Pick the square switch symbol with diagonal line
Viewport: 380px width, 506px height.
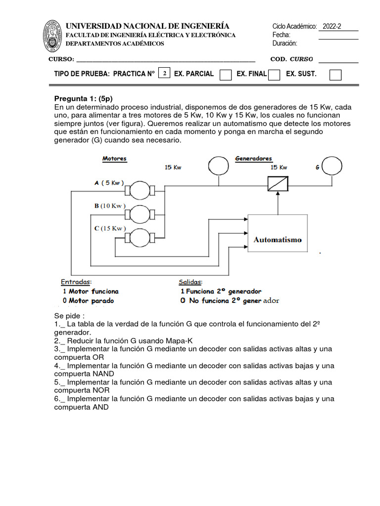(x=278, y=185)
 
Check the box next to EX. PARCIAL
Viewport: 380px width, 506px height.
(x=225, y=75)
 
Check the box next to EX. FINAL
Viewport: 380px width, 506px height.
(x=274, y=75)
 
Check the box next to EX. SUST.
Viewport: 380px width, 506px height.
(x=335, y=75)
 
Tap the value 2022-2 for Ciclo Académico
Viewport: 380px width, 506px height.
(x=332, y=27)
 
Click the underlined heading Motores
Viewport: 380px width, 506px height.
(x=114, y=159)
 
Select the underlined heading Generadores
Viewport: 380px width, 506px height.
(x=253, y=159)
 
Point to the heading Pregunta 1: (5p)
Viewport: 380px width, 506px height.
(x=80, y=98)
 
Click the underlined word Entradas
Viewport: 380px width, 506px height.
(x=76, y=282)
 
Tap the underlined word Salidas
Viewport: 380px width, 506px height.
(x=190, y=282)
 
